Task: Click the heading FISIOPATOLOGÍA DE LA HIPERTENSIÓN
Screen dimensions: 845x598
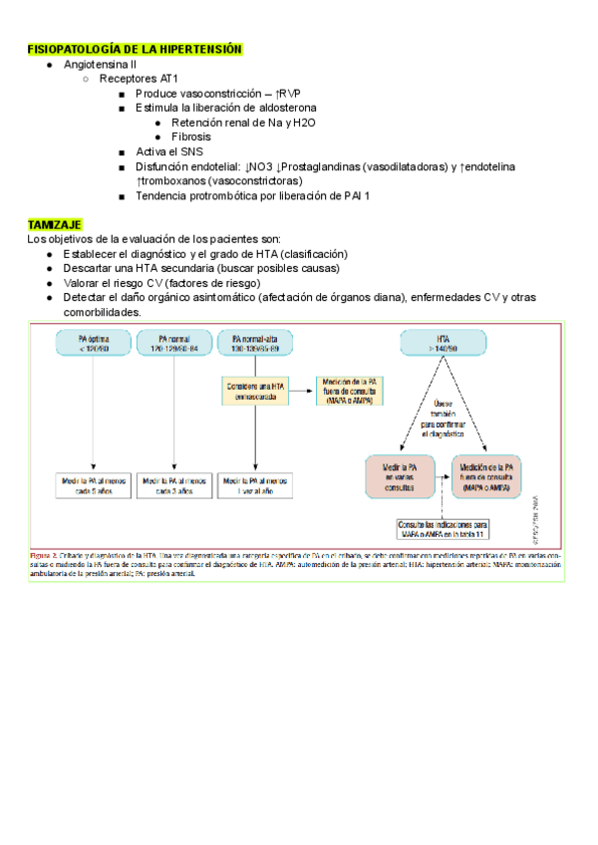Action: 135,49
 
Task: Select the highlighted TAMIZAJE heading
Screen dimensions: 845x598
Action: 55,225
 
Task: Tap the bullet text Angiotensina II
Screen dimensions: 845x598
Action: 100,64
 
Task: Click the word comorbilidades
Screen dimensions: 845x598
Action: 103,312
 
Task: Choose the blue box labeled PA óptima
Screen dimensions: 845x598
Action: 94,344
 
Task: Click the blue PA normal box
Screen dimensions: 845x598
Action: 174,344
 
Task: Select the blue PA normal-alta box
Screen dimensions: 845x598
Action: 255,344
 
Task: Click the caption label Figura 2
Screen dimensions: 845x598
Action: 45,554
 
